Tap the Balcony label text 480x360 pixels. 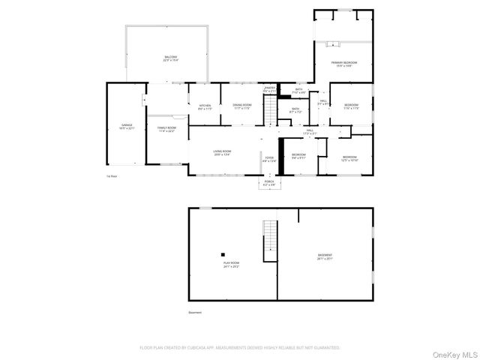pos(171,58)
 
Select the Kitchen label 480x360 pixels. pos(205,106)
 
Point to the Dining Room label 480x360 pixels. pos(241,106)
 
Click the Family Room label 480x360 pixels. pos(166,129)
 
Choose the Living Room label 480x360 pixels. pos(223,153)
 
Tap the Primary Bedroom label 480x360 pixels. pos(343,64)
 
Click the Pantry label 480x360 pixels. pos(271,89)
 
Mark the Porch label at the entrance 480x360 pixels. pos(268,181)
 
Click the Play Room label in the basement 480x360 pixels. pos(230,264)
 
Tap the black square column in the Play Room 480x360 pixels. pos(223,253)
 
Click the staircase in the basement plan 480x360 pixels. pos(269,240)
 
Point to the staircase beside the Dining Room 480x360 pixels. pos(270,111)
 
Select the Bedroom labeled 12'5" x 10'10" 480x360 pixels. pos(350,158)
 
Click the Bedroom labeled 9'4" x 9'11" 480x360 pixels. pos(298,156)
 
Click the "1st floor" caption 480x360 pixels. pos(112,175)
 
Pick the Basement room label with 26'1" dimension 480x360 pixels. pos(325,256)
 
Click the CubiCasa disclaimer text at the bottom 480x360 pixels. pos(240,347)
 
